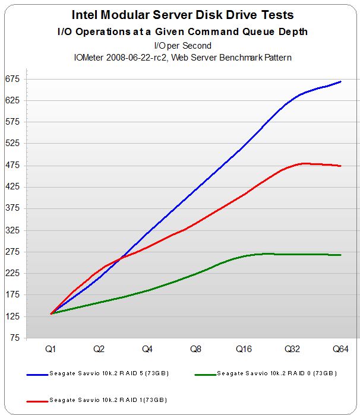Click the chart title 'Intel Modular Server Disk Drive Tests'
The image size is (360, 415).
tap(182, 15)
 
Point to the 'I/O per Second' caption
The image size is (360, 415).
tap(182, 45)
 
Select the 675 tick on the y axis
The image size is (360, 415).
tap(12, 78)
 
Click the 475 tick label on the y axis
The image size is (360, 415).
tap(12, 165)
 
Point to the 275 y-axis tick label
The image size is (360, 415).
tap(12, 252)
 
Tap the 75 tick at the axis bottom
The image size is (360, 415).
tap(14, 338)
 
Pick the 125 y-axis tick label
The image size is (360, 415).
tap(12, 316)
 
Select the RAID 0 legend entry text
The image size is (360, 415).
tap(276, 373)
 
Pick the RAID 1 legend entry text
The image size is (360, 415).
tap(108, 400)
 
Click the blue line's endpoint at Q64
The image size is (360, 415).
tap(340, 81)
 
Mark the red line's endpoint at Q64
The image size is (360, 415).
tap(340, 166)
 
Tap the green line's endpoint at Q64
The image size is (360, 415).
tap(340, 255)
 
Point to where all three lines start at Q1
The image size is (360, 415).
tap(52, 313)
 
